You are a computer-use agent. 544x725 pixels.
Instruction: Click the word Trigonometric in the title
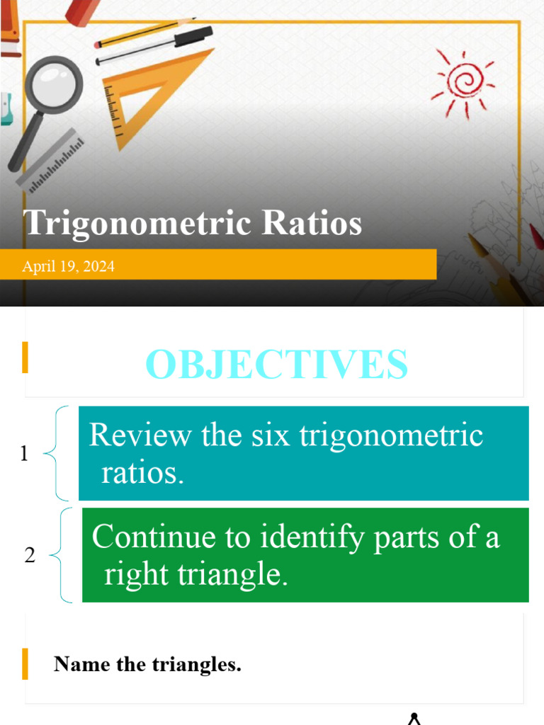pos(138,223)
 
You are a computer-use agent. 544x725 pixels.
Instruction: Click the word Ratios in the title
pos(312,223)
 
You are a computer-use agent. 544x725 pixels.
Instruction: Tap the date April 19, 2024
pos(68,267)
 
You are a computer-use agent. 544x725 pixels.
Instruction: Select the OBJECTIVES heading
pos(276,365)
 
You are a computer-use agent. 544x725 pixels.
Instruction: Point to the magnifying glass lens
pos(54,85)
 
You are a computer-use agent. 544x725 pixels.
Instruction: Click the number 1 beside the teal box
pos(25,453)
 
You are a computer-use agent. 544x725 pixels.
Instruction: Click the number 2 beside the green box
pos(29,556)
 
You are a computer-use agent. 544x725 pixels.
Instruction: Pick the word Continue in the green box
pos(154,537)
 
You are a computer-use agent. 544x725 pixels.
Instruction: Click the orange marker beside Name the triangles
pos(25,663)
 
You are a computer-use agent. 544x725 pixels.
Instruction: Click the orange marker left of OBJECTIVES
pos(25,358)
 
